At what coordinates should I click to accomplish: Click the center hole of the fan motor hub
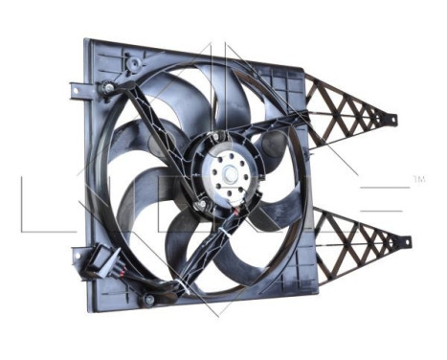(231, 175)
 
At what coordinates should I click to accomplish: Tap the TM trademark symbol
(418, 179)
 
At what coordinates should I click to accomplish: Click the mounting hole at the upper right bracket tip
(391, 119)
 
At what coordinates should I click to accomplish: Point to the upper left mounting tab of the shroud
(76, 90)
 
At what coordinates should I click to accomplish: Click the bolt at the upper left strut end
(109, 87)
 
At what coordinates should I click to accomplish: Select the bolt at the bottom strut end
(148, 300)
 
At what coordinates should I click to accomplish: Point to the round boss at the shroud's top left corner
(134, 63)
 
